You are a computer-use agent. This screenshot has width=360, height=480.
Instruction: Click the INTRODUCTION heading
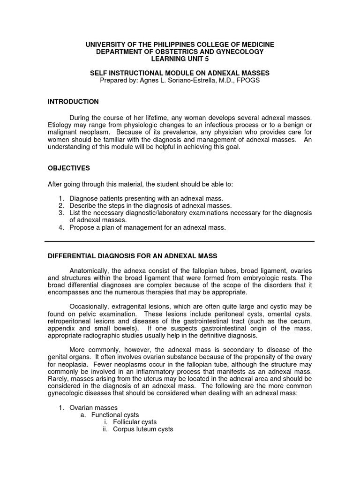pyautogui.click(x=73, y=102)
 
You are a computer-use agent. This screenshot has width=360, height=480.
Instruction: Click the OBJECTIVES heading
pyautogui.click(x=69, y=168)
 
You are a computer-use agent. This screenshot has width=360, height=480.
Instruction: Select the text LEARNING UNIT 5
pyautogui.click(x=180, y=59)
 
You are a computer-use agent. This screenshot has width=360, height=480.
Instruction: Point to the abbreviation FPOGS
pyautogui.click(x=248, y=80)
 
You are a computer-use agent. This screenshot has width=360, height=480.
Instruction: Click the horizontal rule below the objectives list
pyautogui.click(x=180, y=241)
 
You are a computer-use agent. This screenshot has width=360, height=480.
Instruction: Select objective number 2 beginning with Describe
pyautogui.click(x=150, y=205)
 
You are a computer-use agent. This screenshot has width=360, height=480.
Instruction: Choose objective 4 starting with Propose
pyautogui.click(x=148, y=227)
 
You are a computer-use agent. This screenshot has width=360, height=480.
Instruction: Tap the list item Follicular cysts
pyautogui.click(x=135, y=422)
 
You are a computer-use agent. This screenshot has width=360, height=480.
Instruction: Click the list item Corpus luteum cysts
pyautogui.click(x=143, y=429)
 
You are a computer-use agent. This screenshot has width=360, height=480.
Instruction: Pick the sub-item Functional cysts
pyautogui.click(x=115, y=415)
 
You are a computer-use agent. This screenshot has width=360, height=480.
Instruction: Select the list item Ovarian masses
pyautogui.click(x=93, y=408)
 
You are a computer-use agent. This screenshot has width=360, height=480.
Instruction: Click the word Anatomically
pyautogui.click(x=91, y=271)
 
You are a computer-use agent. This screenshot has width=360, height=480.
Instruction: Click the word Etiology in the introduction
pyautogui.click(x=60, y=125)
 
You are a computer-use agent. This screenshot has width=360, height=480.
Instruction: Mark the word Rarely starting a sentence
pyautogui.click(x=58, y=379)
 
